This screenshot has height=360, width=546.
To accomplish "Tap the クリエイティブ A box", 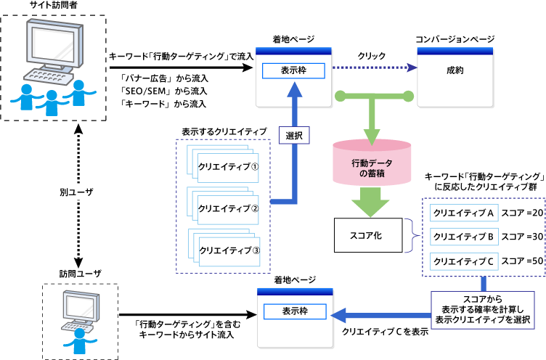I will pos(463,213).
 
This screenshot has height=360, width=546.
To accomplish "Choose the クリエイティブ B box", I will pos(463,237).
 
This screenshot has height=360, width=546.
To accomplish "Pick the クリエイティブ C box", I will pos(463,260).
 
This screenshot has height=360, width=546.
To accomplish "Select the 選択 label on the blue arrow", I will pos(293,135).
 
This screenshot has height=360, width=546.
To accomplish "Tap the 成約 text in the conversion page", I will pos(455,70).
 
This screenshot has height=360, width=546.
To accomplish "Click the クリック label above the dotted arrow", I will pos(372,55).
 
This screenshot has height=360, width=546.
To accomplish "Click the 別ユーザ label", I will pos(76,194).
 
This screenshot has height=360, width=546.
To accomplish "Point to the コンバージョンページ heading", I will pos(455,38).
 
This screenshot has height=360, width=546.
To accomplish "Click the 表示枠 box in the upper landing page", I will pos(294,71).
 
